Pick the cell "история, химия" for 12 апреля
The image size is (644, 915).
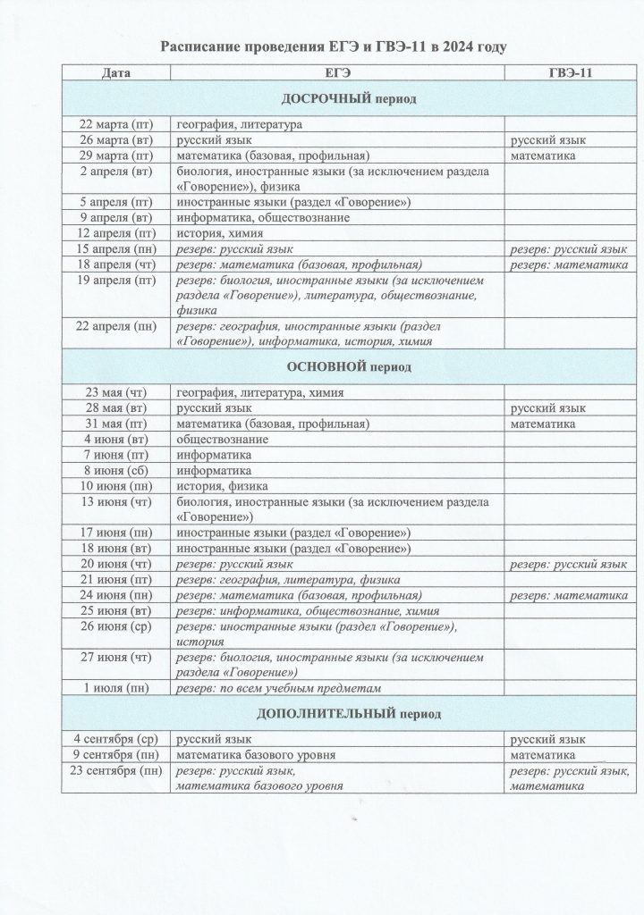click(219, 232)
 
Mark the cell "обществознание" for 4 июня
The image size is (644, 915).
click(223, 439)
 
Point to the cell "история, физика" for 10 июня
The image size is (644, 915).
click(220, 485)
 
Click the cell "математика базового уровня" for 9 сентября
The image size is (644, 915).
click(256, 755)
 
